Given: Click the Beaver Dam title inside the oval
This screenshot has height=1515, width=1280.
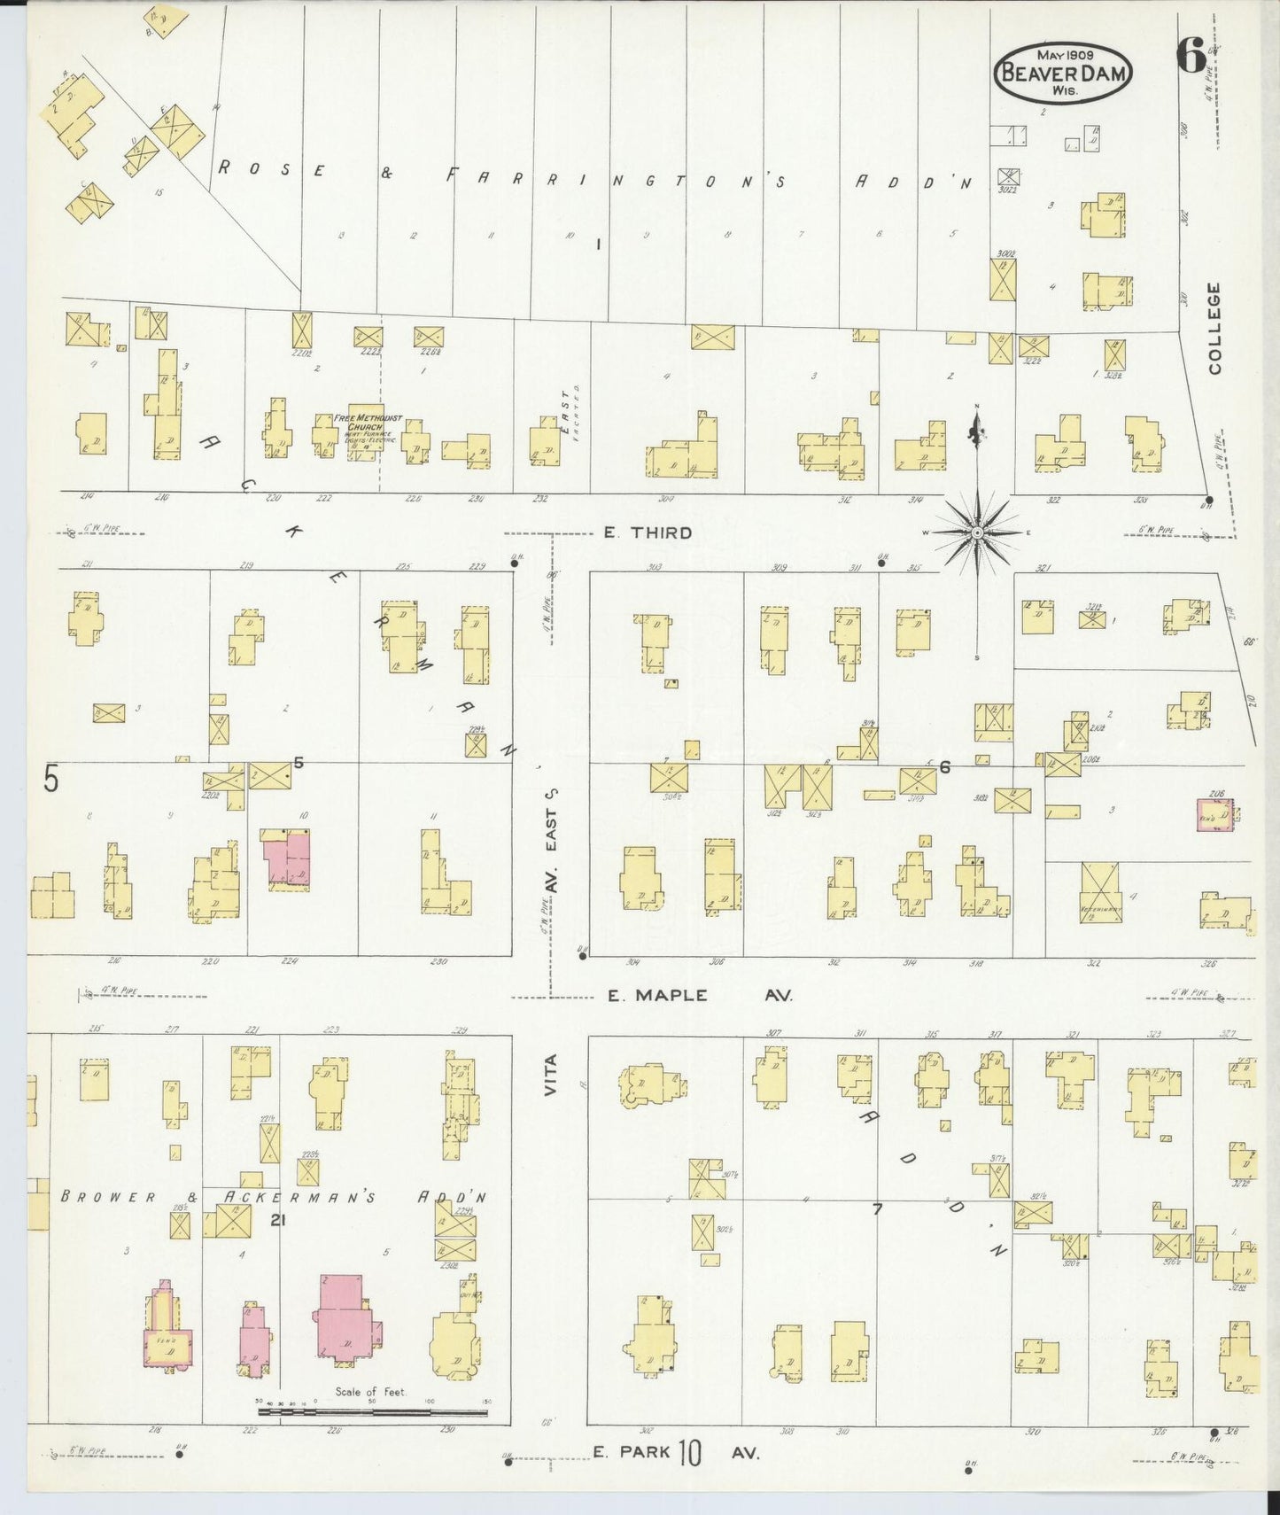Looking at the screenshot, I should [1063, 74].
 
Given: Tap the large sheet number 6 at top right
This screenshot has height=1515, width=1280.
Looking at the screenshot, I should [1191, 58].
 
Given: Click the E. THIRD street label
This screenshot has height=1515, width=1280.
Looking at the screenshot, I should [648, 532].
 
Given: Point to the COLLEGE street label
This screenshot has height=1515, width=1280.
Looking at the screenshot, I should [1213, 328].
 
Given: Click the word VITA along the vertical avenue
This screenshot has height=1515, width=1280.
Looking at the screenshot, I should [551, 1075].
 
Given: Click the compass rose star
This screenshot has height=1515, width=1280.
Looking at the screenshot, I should [976, 532].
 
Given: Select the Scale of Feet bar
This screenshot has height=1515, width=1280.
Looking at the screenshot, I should [372, 1410].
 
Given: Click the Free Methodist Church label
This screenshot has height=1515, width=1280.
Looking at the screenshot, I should [368, 423].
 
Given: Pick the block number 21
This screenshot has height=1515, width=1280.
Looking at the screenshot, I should [279, 1220].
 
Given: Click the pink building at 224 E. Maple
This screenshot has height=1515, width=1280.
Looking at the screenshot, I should [285, 856].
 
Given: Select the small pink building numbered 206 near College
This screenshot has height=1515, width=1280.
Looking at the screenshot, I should [1214, 814].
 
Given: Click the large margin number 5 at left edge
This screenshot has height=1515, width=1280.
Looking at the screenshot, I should [51, 780].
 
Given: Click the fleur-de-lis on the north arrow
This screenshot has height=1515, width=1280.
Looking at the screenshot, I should [976, 432].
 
